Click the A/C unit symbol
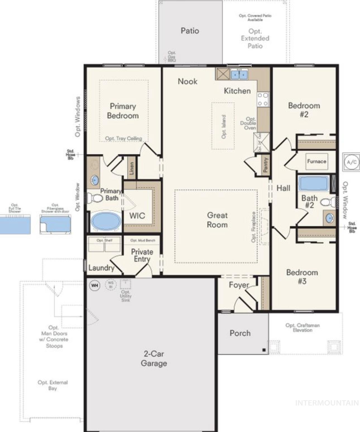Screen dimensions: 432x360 [351, 162]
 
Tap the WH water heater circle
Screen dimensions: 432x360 [95, 285]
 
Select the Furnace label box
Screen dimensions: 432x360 [316, 161]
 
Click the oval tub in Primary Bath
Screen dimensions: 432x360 [106, 221]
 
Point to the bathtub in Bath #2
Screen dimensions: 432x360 [314, 183]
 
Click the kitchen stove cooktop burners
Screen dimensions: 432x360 [263, 99]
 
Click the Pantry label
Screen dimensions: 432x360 [265, 164]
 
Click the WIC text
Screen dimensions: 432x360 [137, 216]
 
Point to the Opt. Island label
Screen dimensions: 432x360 [224, 127]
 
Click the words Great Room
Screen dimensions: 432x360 [217, 220]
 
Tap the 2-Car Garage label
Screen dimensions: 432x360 [154, 358]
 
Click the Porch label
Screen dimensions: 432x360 [240, 333]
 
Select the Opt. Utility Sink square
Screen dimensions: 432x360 [125, 284]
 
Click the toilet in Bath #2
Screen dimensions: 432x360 [328, 202]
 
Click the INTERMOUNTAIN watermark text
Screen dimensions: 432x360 [327, 403]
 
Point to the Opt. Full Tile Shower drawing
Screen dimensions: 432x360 [15, 224]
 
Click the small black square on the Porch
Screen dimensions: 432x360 [264, 350]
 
